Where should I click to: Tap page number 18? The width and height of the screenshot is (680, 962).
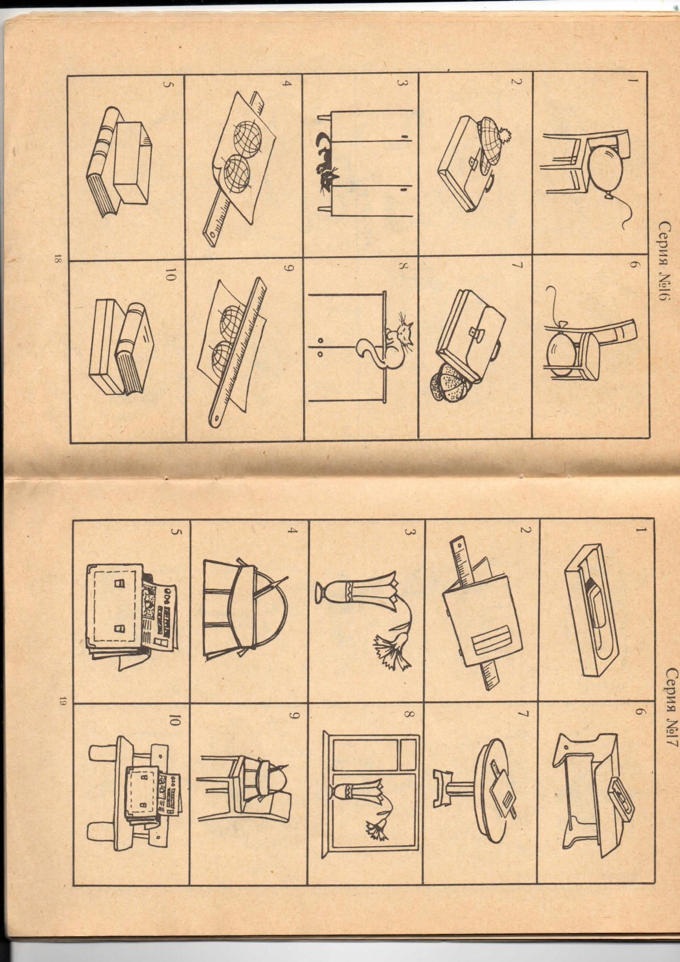[x=57, y=258]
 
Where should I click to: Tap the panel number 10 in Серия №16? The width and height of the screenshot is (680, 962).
[x=171, y=278]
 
